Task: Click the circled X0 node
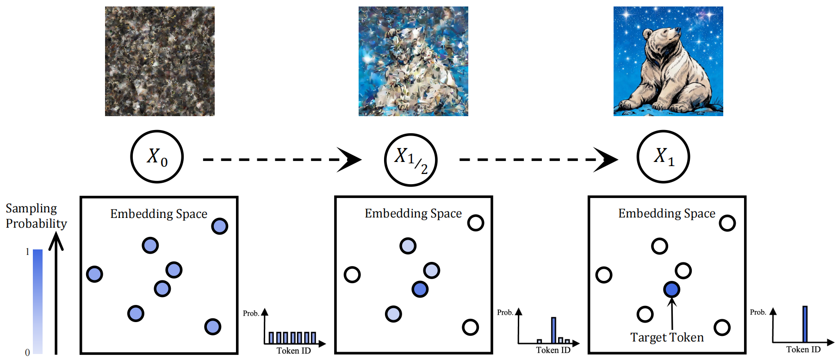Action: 157,156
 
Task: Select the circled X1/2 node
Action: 410,160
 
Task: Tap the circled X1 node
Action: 663,156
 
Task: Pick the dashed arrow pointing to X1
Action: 537,160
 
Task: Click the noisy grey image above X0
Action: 160,61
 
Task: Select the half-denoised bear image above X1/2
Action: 413,61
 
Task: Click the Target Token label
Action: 667,337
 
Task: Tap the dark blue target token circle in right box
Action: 671,290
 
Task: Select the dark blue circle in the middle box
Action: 420,289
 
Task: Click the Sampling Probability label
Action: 36,216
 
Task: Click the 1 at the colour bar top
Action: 27,252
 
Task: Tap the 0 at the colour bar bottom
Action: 27,353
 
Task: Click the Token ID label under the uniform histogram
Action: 293,351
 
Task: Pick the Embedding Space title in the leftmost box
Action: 159,214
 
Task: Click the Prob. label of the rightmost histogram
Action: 757,312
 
